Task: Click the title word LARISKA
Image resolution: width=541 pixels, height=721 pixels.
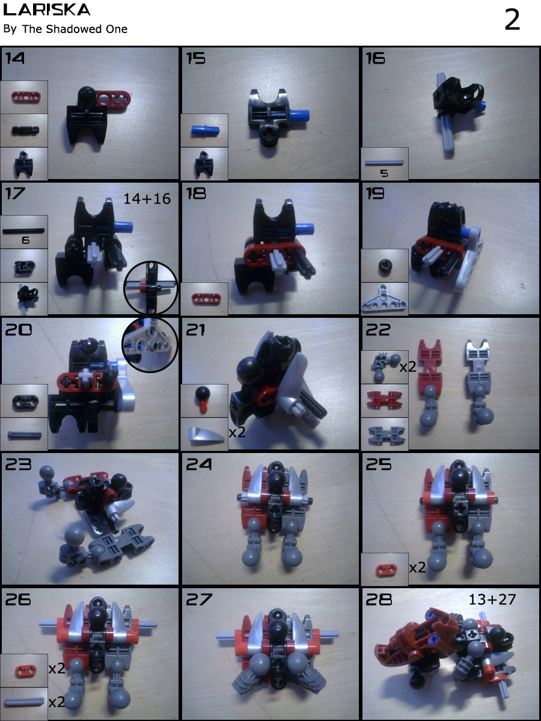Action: pyautogui.click(x=46, y=10)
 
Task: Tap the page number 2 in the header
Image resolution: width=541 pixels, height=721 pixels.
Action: pyautogui.click(x=512, y=20)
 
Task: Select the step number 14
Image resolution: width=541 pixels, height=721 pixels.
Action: pyautogui.click(x=15, y=58)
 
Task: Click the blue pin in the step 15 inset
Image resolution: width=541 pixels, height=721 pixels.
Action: pyautogui.click(x=206, y=130)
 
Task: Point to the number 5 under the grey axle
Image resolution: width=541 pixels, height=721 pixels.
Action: pyautogui.click(x=384, y=173)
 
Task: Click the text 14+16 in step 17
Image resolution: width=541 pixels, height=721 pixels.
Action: pyautogui.click(x=147, y=199)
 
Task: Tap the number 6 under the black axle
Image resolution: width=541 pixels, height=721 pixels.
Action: pyautogui.click(x=26, y=240)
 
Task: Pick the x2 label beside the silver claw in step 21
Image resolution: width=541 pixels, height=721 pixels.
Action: pyautogui.click(x=237, y=432)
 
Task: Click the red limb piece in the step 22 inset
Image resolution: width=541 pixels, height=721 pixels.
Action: pyautogui.click(x=384, y=400)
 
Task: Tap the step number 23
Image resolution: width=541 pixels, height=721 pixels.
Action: pyautogui.click(x=18, y=464)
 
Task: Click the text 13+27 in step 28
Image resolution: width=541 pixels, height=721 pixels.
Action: pyautogui.click(x=492, y=600)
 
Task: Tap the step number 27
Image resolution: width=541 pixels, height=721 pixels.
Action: pyautogui.click(x=200, y=600)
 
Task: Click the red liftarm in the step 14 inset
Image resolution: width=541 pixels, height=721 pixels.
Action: pyautogui.click(x=26, y=97)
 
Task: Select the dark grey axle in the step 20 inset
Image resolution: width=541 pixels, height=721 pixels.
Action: pyautogui.click(x=24, y=434)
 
